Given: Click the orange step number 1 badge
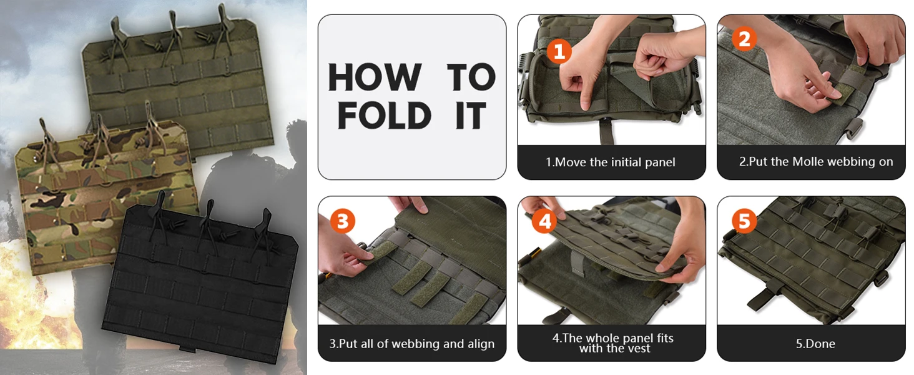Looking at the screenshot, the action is [x=559, y=51].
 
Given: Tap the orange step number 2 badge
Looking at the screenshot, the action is [x=744, y=39].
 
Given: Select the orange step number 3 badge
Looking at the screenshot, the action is [x=343, y=221].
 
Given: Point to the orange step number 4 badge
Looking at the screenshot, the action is [x=545, y=221].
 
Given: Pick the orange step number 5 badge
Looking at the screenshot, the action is [x=744, y=221].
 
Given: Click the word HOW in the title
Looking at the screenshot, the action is [x=375, y=77].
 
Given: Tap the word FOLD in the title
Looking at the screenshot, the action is [x=385, y=116].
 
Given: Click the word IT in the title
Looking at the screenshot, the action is [x=471, y=116].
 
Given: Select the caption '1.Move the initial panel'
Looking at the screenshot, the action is [x=611, y=162].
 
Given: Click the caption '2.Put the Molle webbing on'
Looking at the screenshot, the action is [x=816, y=162].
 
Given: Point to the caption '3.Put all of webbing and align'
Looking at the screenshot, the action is [x=411, y=344].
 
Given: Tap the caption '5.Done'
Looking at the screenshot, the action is [x=815, y=344].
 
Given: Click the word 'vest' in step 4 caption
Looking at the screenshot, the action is [x=638, y=349].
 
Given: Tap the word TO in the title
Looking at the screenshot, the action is [x=471, y=77].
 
